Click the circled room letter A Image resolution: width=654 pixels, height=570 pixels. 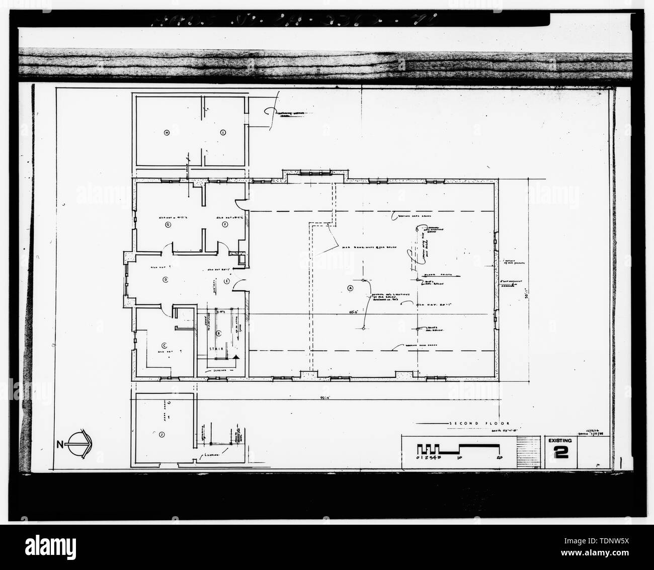click(350, 288)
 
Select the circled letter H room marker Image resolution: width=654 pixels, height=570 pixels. click(166, 132)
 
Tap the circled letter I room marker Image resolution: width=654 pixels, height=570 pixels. click(222, 132)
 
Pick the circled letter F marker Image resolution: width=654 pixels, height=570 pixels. click(225, 224)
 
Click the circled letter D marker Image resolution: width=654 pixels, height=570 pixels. click(165, 279)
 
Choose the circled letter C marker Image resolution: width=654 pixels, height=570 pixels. click(164, 345)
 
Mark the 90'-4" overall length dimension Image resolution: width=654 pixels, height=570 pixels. click(322, 397)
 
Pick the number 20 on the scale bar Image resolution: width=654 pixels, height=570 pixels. click(498, 457)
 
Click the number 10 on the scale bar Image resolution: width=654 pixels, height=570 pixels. click(459, 457)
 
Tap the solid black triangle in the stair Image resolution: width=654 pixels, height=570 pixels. click(235, 357)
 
